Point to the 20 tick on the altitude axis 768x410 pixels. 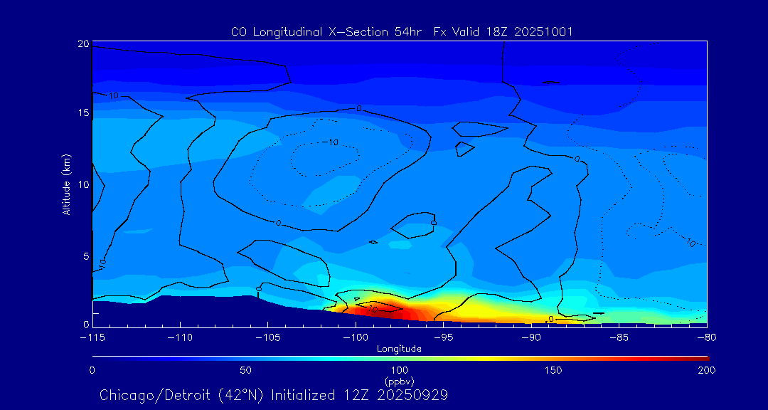coord(83,43)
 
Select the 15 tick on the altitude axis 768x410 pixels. coord(83,113)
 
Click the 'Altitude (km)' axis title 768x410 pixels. coord(66,184)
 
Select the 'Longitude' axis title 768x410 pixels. coord(399,348)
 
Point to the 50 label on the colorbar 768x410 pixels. coord(245,370)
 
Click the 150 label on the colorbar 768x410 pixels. coord(553,370)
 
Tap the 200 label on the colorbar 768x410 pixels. coord(707,370)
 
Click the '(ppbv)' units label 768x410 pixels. coord(399,381)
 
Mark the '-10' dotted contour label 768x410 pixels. coord(330,142)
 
